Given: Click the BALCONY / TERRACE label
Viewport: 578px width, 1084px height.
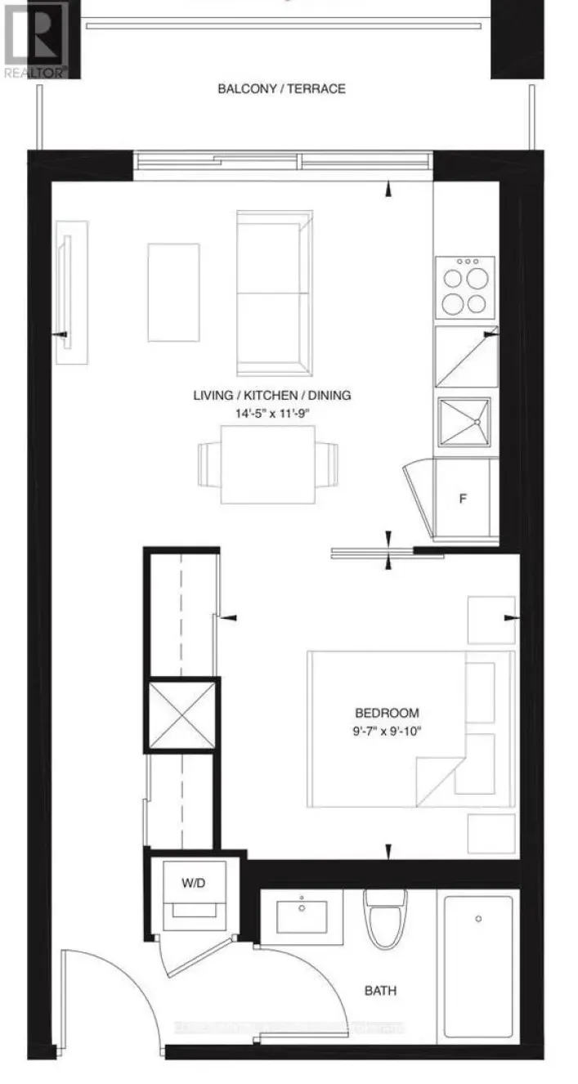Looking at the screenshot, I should point(281,88).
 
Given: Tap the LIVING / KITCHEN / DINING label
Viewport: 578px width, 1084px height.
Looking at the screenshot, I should point(272,396).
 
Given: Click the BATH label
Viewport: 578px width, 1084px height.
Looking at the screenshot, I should point(380,991).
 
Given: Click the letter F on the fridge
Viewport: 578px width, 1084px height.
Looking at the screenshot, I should point(462,499).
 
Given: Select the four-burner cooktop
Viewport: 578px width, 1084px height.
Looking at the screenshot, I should point(464,288).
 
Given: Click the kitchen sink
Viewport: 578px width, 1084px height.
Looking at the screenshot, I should point(464,422).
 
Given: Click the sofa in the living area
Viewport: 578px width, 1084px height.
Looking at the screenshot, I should point(275,293).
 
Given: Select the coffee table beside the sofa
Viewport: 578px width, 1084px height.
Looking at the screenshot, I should point(173,292).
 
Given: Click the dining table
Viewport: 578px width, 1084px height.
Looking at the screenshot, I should point(268,464).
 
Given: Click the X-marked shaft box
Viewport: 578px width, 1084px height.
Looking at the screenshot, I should point(181,715).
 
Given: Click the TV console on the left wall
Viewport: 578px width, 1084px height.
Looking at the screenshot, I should point(72,293).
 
